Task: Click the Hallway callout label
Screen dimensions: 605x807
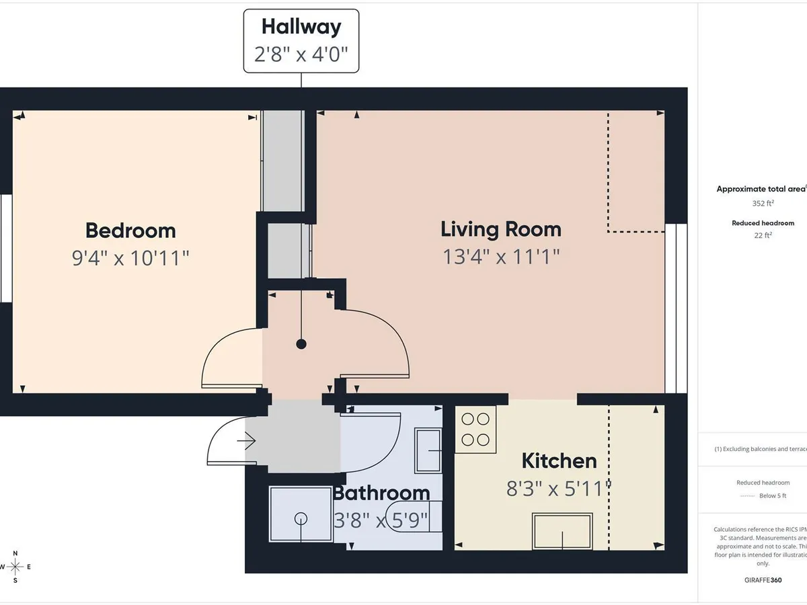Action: pos(301,27)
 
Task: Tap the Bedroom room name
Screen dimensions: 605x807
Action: pos(130,231)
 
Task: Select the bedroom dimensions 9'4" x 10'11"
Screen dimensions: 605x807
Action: pos(130,258)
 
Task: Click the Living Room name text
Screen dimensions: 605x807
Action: pos(500,229)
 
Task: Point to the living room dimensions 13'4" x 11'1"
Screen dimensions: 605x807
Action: pos(500,257)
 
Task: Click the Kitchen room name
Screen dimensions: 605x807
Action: pos(559,461)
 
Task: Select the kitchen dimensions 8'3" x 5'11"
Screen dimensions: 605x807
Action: pos(559,489)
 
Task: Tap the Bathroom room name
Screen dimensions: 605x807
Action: pos(381,493)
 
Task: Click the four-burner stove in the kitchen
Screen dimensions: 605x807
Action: pos(475,429)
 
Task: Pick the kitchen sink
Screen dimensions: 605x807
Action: pos(562,531)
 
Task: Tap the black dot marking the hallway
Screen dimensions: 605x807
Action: pos(301,344)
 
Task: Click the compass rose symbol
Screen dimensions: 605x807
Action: pos(15,567)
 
